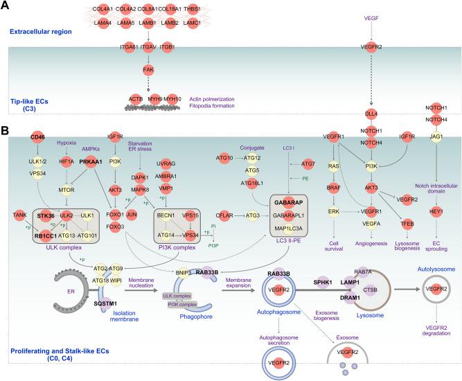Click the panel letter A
coord(6,6)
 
